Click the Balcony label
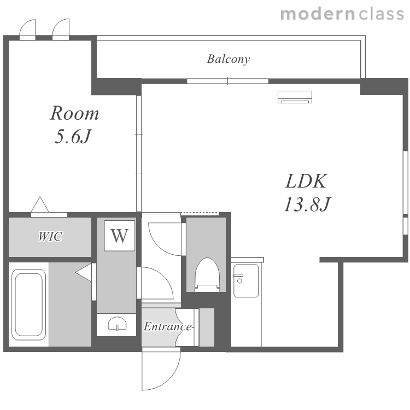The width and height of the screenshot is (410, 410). pos(229,59)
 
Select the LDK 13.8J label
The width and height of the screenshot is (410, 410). pos(307,192)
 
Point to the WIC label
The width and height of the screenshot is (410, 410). pos(50,236)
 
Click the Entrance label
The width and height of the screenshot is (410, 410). pos(168,326)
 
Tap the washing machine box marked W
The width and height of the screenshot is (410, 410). pos(120,236)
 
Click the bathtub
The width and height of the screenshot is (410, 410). pos(28,304)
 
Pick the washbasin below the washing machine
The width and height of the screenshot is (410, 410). pos(117,324)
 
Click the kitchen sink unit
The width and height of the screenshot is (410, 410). pos(246,280)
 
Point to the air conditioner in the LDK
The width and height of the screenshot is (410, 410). pos(295,97)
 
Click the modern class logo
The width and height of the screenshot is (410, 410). pos(342,14)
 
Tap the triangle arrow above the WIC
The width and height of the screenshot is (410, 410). pos(40,204)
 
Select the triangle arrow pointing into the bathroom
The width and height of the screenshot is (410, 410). pos(84,272)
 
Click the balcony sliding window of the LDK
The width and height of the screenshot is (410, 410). pos(228,81)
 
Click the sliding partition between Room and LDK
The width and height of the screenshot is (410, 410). pos(139,154)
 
